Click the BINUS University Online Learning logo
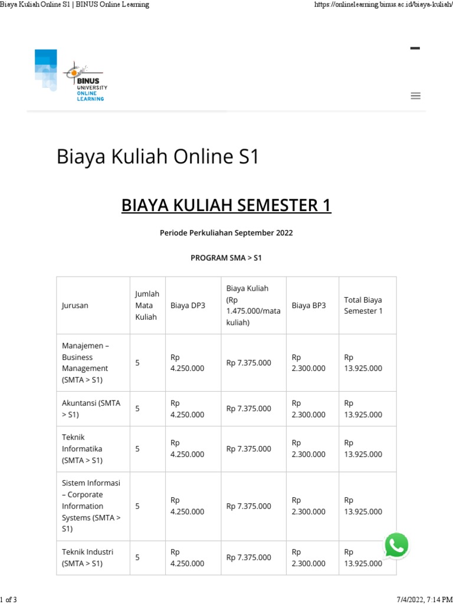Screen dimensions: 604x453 [x=71, y=77]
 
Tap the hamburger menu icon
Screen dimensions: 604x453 [x=415, y=96]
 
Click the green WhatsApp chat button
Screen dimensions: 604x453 [x=396, y=546]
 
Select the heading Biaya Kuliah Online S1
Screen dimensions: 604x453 [x=157, y=157]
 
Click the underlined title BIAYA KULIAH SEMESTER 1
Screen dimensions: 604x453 [x=226, y=205]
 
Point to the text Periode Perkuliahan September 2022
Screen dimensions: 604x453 [x=226, y=233]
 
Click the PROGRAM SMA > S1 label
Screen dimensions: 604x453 [x=226, y=258]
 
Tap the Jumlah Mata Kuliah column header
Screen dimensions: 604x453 [x=147, y=305]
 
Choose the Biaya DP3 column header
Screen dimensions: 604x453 [x=188, y=306]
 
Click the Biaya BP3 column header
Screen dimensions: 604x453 [x=308, y=306]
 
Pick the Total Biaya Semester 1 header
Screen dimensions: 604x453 [x=363, y=306]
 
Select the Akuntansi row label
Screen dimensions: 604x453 [x=91, y=409]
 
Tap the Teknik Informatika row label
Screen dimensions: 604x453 [x=83, y=449]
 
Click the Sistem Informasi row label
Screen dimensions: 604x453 [x=91, y=506]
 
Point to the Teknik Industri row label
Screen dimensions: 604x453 [x=87, y=557]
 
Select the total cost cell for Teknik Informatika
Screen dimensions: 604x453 [x=363, y=449]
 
